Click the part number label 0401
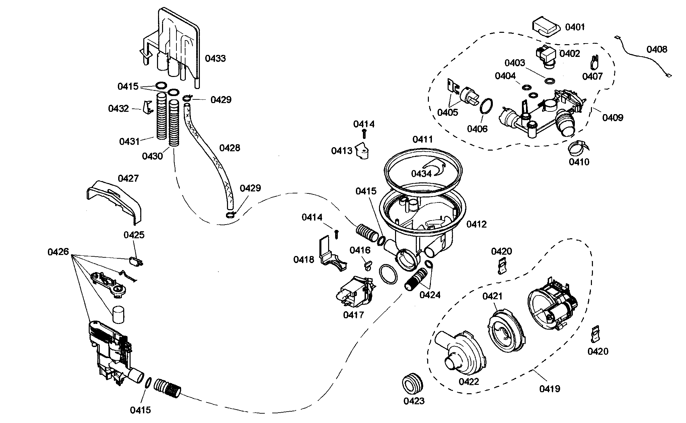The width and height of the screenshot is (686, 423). [x=575, y=27]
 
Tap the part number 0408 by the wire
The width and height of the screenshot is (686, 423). [x=657, y=50]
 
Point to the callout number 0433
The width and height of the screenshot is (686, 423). [x=215, y=59]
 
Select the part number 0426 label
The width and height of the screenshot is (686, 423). [x=58, y=252]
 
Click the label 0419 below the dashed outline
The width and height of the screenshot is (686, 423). [x=549, y=389]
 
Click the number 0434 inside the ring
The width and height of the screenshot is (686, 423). [x=421, y=174]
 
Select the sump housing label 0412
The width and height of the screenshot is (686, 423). [x=476, y=224]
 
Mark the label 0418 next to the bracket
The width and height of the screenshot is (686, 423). [x=304, y=259]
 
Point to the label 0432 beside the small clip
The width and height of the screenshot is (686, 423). [x=118, y=109]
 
